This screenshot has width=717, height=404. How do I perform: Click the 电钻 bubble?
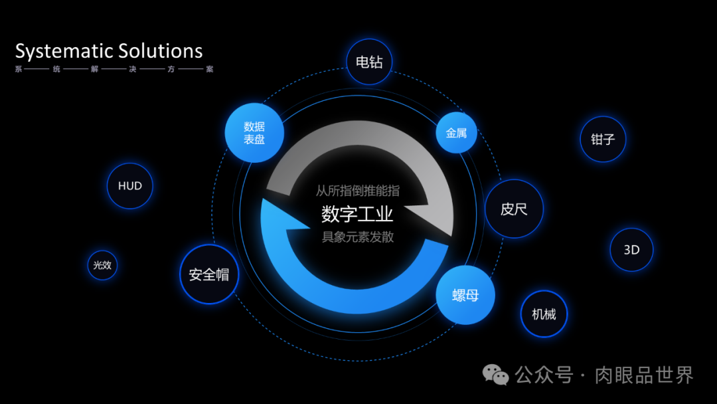pyautogui.click(x=370, y=62)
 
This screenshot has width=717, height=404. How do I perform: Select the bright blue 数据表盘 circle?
pyautogui.click(x=254, y=132)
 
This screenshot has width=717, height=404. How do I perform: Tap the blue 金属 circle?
pyautogui.click(x=456, y=132)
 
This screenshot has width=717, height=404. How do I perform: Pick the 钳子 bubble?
pyautogui.click(x=603, y=140)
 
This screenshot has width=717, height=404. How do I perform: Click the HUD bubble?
pyautogui.click(x=130, y=186)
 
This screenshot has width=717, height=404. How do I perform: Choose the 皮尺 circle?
pyautogui.click(x=514, y=209)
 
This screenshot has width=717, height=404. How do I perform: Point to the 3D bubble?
pyautogui.click(x=631, y=250)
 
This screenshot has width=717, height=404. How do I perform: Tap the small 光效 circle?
pyautogui.click(x=102, y=264)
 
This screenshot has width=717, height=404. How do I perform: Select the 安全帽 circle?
pyautogui.click(x=209, y=274)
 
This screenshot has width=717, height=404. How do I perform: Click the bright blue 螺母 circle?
pyautogui.click(x=465, y=295)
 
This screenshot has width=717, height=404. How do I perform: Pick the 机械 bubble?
pyautogui.click(x=544, y=314)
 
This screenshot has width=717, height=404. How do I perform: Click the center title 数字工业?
pyautogui.click(x=357, y=214)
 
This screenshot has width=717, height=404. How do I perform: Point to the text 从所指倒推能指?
pyautogui.click(x=357, y=191)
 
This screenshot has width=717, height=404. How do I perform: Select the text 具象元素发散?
pyautogui.click(x=357, y=237)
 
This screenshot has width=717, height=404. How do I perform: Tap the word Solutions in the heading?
pyautogui.click(x=160, y=51)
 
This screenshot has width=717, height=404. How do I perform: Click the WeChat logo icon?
pyautogui.click(x=496, y=375)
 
